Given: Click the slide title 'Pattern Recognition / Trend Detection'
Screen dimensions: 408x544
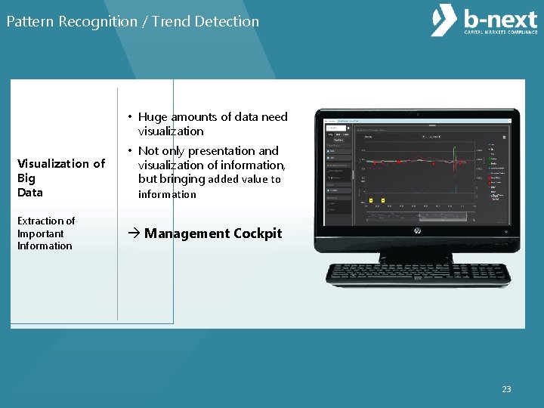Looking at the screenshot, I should [x=133, y=22].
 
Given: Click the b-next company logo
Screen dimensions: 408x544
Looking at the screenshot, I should [x=484, y=22].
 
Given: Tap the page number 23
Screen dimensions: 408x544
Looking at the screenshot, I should [x=506, y=389].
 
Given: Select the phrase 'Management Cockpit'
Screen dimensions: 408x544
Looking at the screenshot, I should [x=212, y=233].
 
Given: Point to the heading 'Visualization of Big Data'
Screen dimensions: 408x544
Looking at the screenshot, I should [x=60, y=178].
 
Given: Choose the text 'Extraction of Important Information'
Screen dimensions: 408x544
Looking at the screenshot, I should [x=46, y=233].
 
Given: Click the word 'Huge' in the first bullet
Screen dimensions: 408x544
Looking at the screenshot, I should [x=153, y=116].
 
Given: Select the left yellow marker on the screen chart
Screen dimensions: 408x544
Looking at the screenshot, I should [x=372, y=199].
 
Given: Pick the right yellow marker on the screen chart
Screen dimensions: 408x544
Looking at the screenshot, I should [x=383, y=199].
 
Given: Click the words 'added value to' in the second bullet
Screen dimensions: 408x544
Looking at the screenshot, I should [x=244, y=180].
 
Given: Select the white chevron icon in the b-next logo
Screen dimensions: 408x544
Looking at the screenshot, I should [x=444, y=21].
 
